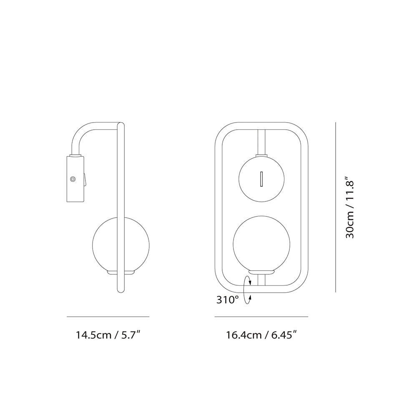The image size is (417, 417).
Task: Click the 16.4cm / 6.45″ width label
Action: pyautogui.click(x=261, y=335)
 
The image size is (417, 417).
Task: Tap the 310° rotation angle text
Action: pyautogui.click(x=227, y=299)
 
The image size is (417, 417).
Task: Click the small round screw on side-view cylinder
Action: pyautogui.click(x=73, y=179)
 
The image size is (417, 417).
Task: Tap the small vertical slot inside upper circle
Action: pyautogui.click(x=261, y=178)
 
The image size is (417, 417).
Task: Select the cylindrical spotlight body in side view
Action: pyautogui.click(x=75, y=179)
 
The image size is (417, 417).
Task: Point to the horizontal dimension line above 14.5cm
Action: pyautogui.click(x=108, y=317)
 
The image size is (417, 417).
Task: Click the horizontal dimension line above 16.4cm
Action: pyautogui.click(x=261, y=317)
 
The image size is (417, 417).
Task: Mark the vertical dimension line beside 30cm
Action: pyautogui.click(x=336, y=207)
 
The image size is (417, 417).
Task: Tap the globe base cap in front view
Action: pyautogui.click(x=261, y=272)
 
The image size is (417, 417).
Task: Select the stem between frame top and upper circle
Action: pyautogui.click(x=262, y=142)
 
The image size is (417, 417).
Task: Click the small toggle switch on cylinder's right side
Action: pyautogui.click(x=85, y=180)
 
